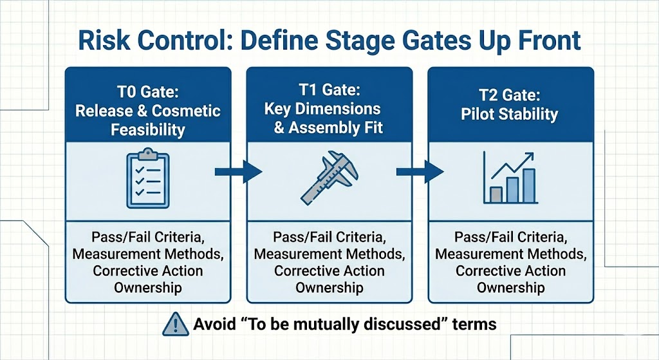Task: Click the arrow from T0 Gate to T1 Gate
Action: (x=238, y=171)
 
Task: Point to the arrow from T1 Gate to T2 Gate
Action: (x=420, y=171)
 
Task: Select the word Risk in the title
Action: (x=104, y=40)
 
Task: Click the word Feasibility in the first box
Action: (x=148, y=129)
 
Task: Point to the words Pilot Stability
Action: (x=509, y=115)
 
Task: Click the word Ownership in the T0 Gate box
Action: (x=148, y=287)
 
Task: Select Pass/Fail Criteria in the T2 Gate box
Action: (x=510, y=237)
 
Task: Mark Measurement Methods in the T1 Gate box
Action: (x=329, y=254)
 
